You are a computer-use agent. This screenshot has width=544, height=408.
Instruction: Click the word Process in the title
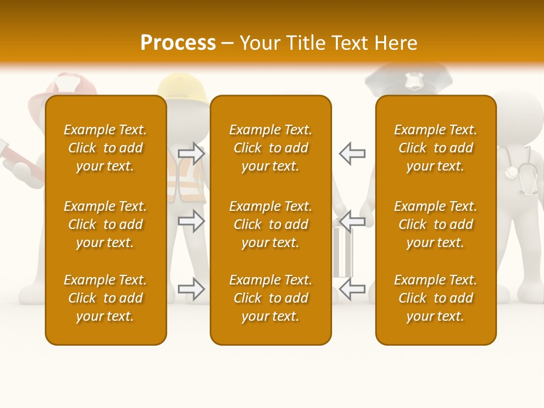[x=178, y=43]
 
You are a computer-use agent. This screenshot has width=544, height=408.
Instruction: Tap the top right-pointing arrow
[x=192, y=154]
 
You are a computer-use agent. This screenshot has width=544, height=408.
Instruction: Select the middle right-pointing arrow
[x=192, y=221]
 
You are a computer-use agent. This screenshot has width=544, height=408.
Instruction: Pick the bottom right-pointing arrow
[x=192, y=289]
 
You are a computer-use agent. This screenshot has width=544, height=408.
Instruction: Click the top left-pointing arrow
[x=352, y=154]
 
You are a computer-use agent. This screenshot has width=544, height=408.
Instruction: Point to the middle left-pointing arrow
[x=352, y=221]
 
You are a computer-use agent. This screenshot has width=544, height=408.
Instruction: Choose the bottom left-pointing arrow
[x=352, y=289]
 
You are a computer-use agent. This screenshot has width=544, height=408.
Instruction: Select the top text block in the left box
[x=105, y=148]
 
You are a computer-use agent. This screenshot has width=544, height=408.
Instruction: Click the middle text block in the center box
[x=270, y=224]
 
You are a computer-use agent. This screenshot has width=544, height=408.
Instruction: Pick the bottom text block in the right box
[x=435, y=298]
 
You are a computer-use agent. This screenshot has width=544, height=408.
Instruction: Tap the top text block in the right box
[x=435, y=148]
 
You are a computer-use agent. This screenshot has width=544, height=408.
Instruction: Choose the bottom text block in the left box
[x=105, y=298]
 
